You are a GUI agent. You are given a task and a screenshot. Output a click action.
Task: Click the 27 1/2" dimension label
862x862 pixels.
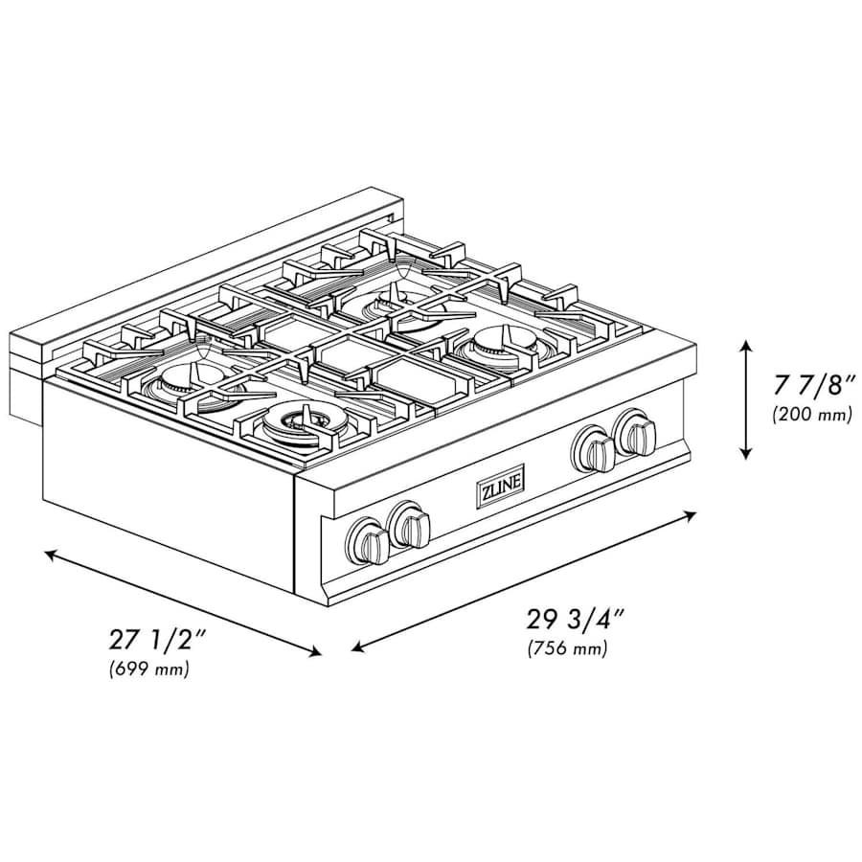153,638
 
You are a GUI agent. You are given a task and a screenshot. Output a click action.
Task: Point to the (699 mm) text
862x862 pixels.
149,669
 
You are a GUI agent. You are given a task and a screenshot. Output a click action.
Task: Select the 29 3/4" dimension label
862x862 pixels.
573,618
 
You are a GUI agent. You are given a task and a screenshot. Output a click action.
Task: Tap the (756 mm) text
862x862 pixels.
568,648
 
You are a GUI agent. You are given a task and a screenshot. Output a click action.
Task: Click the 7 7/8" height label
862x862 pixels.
810,385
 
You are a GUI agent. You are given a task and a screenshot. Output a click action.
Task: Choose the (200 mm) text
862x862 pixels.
810,415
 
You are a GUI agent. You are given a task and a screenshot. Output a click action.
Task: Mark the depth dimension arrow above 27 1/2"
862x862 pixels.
183,603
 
